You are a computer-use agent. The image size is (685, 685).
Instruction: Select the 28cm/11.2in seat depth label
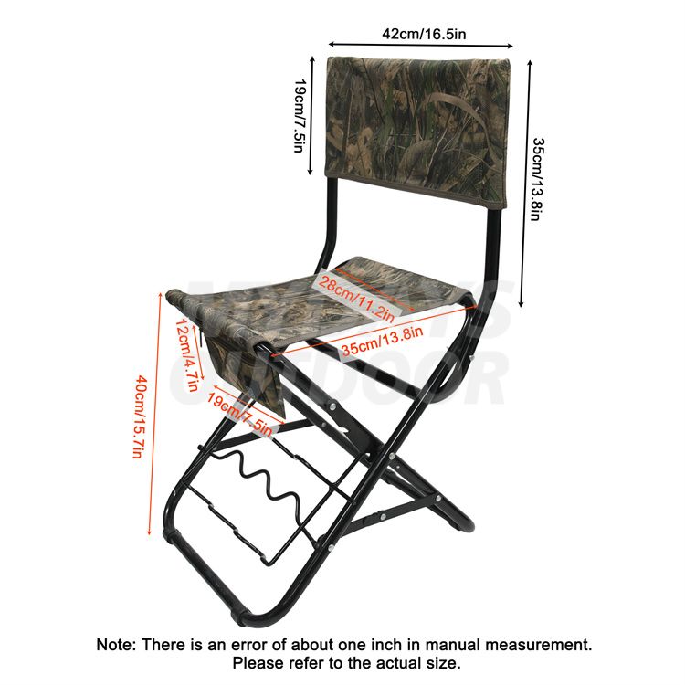pos(356,295)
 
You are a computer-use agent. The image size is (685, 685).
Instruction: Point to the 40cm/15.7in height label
pos(139,416)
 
